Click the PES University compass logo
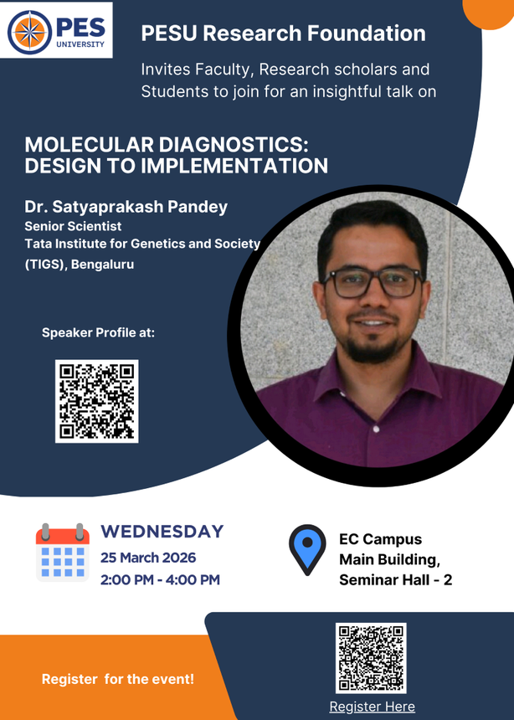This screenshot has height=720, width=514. point(30,32)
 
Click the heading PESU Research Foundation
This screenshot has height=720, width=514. point(284,33)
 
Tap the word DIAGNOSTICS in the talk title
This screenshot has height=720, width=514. point(234,145)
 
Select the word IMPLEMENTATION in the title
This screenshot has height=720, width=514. point(234,166)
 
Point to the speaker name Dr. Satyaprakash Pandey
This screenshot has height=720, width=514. point(126,207)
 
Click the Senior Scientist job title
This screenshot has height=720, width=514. point(73,226)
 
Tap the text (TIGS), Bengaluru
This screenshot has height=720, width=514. point(80,265)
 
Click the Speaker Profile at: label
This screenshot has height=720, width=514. point(98,332)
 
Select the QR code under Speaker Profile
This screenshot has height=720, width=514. point(97,401)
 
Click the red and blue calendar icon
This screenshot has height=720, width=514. point(63,553)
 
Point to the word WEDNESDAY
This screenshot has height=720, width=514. point(162,532)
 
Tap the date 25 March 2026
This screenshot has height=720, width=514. point(148,558)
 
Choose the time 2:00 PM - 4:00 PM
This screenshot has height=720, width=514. point(160,579)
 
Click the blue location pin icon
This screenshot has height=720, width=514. point(307,550)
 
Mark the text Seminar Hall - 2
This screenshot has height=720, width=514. point(395,580)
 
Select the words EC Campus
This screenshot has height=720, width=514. point(380,539)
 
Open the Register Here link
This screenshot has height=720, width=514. point(372,707)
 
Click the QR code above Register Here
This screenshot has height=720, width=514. point(371,658)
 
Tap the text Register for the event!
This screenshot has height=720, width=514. point(118,679)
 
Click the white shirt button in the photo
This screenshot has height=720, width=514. point(376,429)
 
